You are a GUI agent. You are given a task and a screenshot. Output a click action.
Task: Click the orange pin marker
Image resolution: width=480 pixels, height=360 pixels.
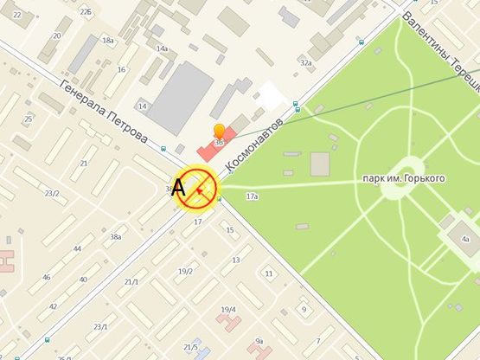pyautogui.click(x=219, y=132)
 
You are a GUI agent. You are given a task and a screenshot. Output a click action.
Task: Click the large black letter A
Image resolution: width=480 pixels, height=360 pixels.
pyautogui.click(x=180, y=187)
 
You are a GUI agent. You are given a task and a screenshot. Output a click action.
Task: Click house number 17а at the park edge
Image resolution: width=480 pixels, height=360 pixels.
pyautogui.click(x=253, y=198)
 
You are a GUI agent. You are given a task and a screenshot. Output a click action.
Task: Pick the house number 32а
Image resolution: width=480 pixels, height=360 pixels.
pyautogui.click(x=305, y=63)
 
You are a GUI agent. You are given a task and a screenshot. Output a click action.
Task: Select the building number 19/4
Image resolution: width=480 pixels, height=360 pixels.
pyautogui.click(x=228, y=309)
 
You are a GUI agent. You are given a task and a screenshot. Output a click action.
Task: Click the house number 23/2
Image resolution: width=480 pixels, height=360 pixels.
pyautogui.click(x=52, y=193)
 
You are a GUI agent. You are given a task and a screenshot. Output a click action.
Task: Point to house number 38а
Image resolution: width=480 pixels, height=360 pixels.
pyautogui.click(x=115, y=236)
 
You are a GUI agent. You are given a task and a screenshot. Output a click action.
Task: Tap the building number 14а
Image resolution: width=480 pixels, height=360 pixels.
pyautogui.click(x=162, y=48)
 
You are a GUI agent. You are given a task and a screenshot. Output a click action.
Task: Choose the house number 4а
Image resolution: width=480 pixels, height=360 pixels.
pyautogui.click(x=464, y=239)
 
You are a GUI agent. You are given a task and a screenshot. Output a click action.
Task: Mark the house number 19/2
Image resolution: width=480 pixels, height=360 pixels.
pyautogui.click(x=185, y=272)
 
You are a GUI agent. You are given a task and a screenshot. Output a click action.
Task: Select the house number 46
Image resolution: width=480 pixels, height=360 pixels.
pyautogui.click(x=47, y=277)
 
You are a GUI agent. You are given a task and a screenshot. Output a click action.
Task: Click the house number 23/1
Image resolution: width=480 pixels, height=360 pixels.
pyautogui.click(x=100, y=327)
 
